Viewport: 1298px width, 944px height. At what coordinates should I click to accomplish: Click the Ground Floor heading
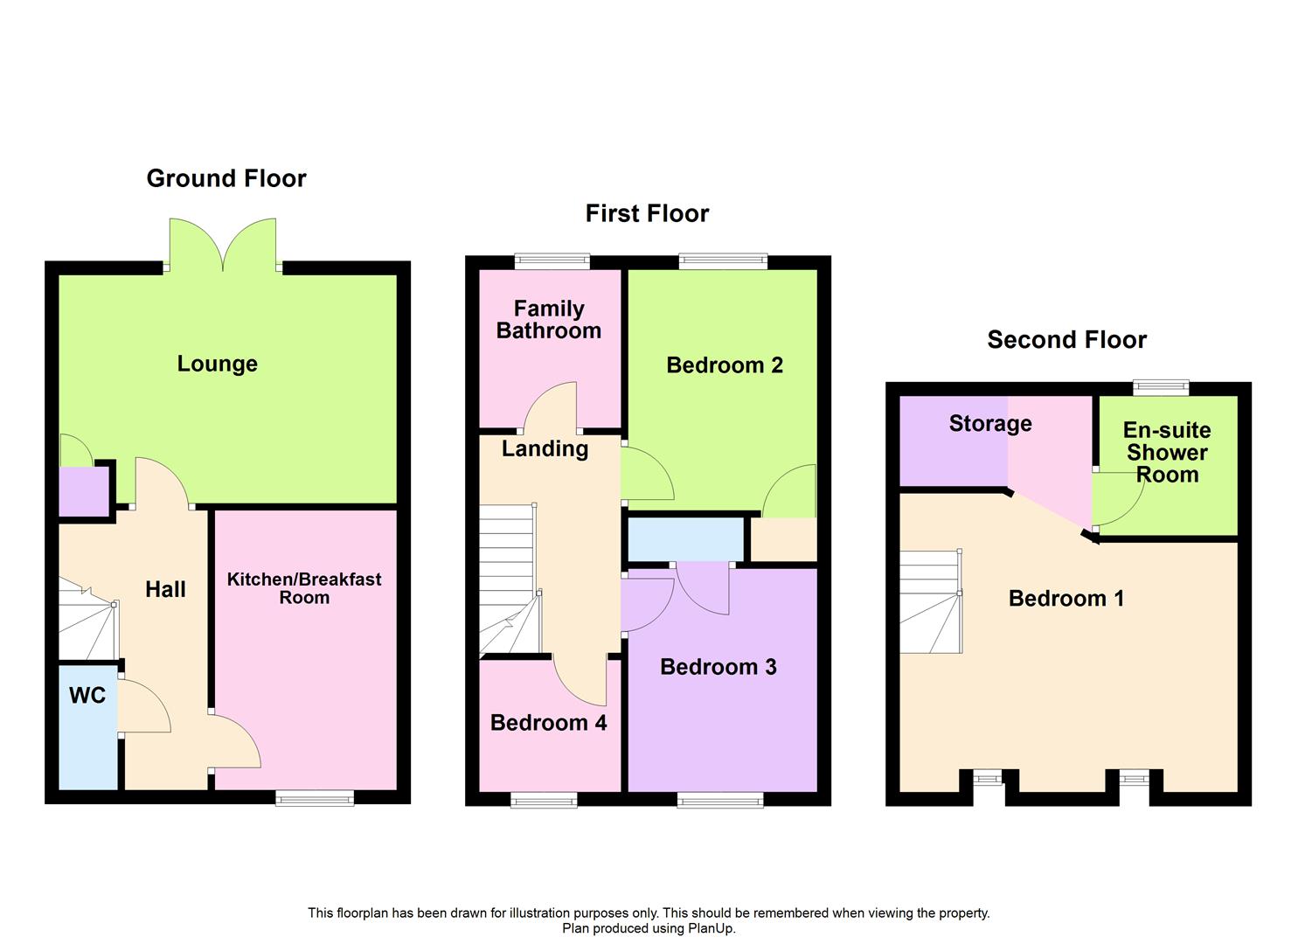pos(226,178)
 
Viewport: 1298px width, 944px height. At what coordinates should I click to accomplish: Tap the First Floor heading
pos(647,213)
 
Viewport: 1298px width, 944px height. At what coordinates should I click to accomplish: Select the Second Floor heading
pos(1066,339)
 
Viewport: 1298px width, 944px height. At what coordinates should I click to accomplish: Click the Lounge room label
pos(217,364)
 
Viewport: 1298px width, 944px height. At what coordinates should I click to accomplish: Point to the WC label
pos(87,696)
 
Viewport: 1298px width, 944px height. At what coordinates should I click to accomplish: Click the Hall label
pos(165,589)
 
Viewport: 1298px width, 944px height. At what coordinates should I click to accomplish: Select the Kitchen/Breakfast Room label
pos(304,588)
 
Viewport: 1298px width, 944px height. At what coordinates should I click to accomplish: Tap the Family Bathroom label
pos(549,320)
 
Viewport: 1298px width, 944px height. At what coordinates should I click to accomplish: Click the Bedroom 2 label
pos(725,365)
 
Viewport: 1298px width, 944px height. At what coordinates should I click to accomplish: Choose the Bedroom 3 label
pos(718,667)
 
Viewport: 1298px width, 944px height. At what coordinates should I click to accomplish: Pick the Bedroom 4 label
pos(548,723)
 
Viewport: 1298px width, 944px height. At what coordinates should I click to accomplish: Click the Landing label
pos(545,448)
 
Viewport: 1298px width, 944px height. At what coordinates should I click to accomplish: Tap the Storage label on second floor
pos(990,424)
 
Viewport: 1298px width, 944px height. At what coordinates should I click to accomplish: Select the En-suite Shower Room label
pos(1167,453)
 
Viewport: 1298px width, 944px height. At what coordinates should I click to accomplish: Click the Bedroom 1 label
pos(1065,599)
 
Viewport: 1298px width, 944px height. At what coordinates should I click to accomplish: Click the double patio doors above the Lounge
pos(223,245)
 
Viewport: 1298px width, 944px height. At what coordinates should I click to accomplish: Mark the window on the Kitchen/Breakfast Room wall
pos(315,797)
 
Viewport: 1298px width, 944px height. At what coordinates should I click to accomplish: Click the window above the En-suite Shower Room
pos(1161,387)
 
